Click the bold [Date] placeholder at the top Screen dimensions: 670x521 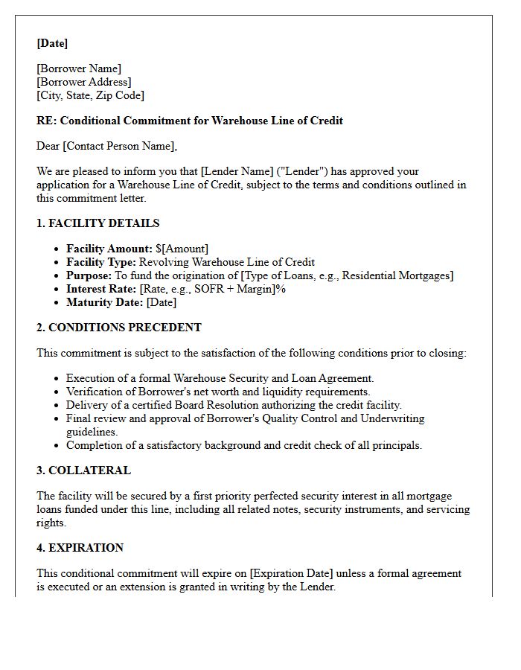52,43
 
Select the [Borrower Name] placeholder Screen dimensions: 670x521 79,68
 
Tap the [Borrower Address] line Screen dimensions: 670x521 84,82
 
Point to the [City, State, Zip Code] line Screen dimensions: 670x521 91,95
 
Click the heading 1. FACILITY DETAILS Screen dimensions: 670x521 98,223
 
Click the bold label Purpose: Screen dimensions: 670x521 89,275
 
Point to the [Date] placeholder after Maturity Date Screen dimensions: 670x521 162,302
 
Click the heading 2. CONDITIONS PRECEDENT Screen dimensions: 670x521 119,328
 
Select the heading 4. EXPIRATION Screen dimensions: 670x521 80,548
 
